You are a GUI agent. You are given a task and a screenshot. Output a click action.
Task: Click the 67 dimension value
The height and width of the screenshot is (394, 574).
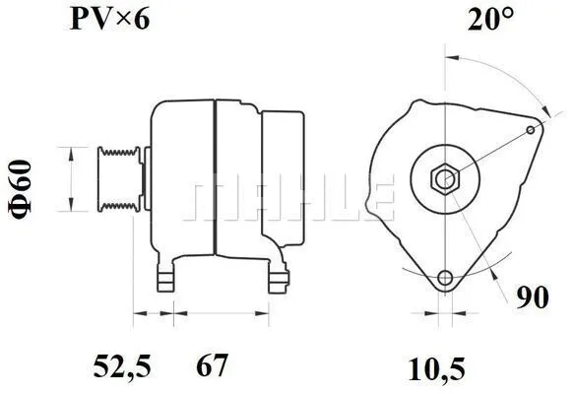(x=212, y=368)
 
